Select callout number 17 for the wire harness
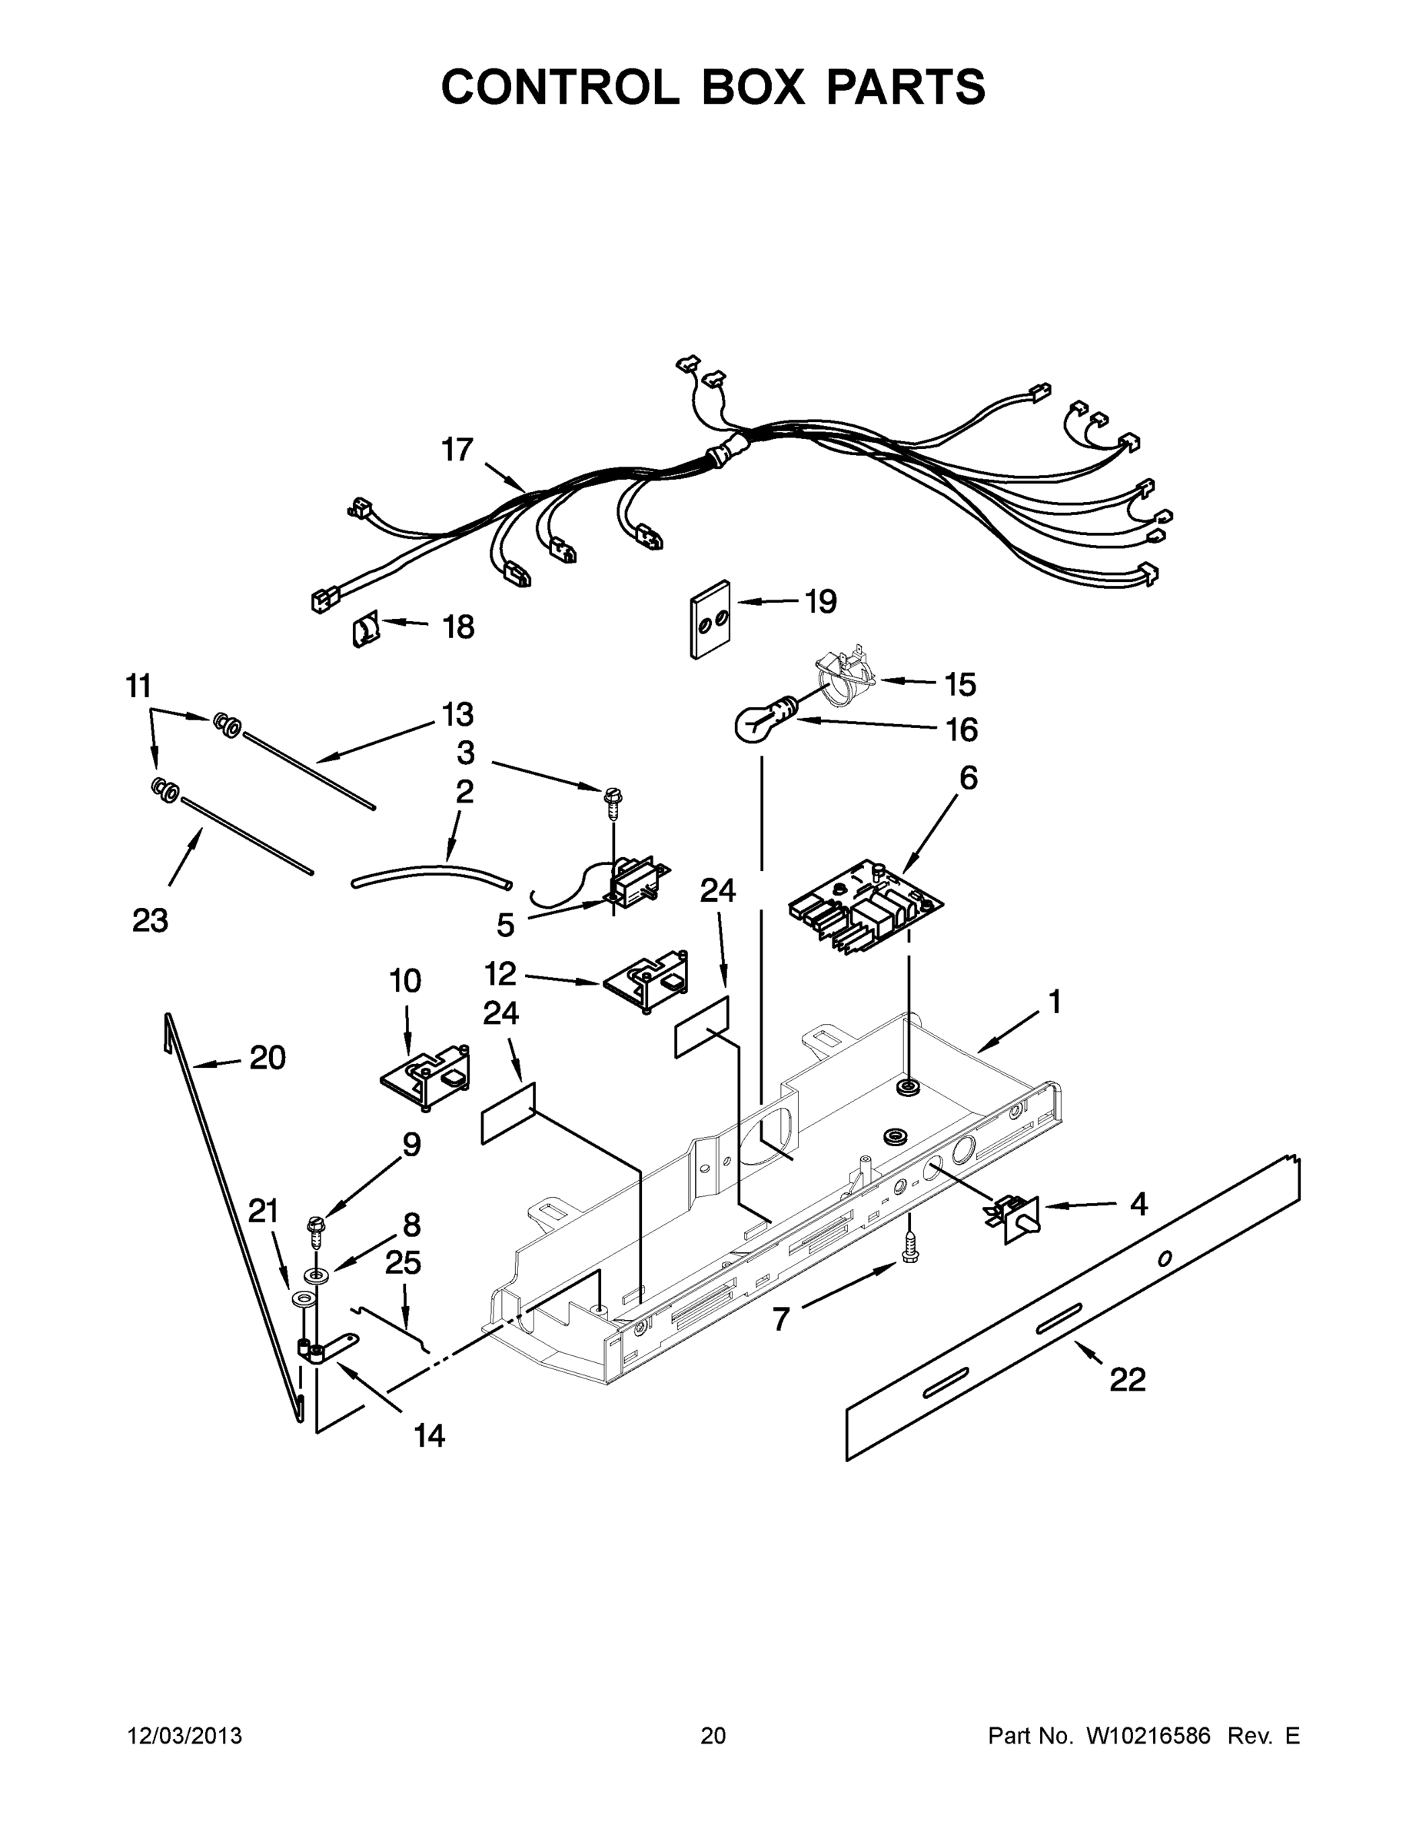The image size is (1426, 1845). [x=457, y=450]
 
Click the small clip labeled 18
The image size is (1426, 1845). [x=364, y=631]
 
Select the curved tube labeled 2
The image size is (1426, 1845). [x=430, y=875]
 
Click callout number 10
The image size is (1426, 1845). [x=404, y=981]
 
